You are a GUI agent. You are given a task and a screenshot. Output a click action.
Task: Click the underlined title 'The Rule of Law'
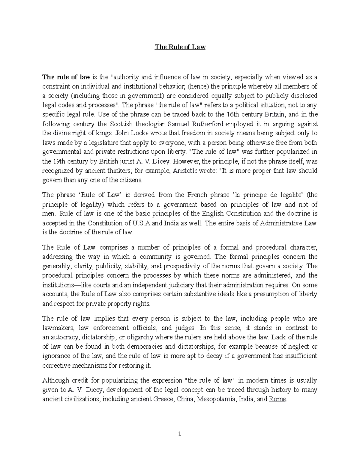(180, 47)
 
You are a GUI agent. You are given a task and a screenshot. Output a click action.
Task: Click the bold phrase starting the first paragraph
(66, 77)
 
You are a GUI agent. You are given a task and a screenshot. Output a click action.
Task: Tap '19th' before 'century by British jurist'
(49, 161)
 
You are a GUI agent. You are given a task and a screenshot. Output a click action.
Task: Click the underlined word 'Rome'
(277, 399)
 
